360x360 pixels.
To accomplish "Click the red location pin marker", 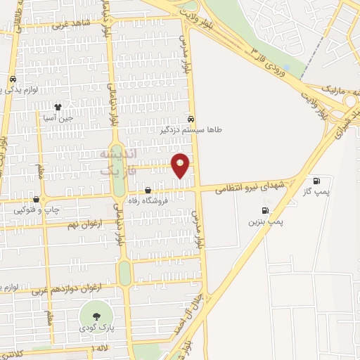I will pos(181,165).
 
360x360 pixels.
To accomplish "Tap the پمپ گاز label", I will pos(316,191).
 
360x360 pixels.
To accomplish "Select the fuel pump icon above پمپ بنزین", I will pos(265,210).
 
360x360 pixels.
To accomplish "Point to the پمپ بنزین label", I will pos(265,221).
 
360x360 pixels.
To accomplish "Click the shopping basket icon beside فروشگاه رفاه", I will pos(148,190).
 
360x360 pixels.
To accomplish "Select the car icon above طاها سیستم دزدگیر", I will pos(191,119).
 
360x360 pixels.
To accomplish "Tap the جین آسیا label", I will pos(58,119).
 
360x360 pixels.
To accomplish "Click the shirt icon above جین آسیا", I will pos(58,108).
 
